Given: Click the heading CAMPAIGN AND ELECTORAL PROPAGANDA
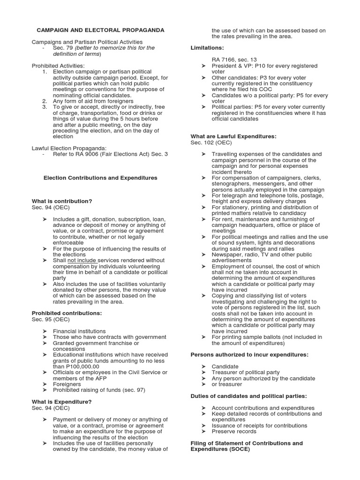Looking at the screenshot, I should click(x=97, y=30).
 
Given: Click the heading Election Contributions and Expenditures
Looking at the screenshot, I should click(x=100, y=178).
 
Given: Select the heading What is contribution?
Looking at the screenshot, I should click(x=61, y=201).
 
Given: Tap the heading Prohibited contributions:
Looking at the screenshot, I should click(x=66, y=313).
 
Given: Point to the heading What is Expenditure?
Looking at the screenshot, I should click(x=61, y=401).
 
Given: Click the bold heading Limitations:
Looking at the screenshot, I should click(x=207, y=48).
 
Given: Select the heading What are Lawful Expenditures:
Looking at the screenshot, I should click(x=233, y=136).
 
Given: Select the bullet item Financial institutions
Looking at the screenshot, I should click(x=79, y=331).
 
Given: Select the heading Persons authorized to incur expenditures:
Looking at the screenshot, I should click(x=249, y=354).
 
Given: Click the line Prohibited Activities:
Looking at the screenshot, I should click(x=58, y=65).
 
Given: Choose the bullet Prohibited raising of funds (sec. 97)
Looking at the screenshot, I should click(x=95, y=390).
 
